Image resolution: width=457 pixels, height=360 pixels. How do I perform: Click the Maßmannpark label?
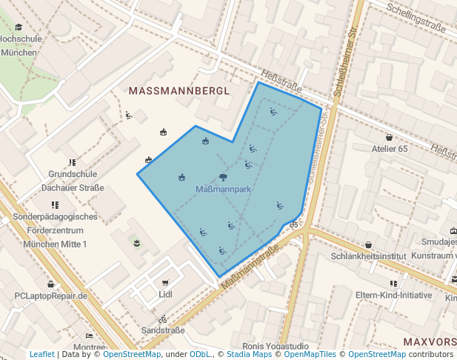click(x=224, y=190)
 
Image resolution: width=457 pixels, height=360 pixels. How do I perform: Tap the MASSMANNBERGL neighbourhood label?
click(x=179, y=90)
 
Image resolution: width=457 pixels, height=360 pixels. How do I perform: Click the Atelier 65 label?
click(x=389, y=149)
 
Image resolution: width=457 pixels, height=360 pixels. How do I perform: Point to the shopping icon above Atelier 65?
click(x=389, y=137)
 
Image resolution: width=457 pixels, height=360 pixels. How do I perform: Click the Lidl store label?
click(x=165, y=294)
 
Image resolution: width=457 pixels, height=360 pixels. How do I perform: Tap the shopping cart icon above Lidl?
click(x=165, y=282)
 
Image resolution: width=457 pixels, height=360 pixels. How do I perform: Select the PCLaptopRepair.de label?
click(x=51, y=296)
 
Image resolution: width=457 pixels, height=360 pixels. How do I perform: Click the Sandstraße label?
click(x=162, y=330)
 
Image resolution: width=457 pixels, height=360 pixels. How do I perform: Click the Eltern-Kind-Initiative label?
click(x=393, y=295)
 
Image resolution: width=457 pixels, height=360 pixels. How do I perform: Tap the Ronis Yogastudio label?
click(x=276, y=346)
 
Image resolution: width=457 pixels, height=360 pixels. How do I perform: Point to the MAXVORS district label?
click(x=430, y=341)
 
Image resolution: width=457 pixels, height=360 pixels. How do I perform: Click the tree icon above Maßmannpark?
click(x=224, y=177)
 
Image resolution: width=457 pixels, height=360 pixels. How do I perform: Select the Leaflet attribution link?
click(x=42, y=354)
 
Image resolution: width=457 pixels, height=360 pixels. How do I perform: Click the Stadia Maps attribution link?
click(x=248, y=354)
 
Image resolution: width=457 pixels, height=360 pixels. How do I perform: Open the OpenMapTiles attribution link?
click(x=310, y=354)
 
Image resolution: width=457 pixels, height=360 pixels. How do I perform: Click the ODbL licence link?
click(x=200, y=354)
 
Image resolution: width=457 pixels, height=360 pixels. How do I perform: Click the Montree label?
click(x=90, y=347)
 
